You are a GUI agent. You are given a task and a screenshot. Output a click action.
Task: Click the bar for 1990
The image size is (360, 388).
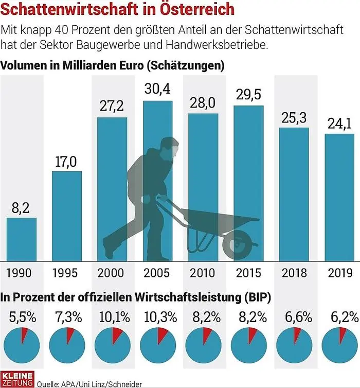[22, 239]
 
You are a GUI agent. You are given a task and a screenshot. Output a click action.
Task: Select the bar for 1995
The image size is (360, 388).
[67, 216]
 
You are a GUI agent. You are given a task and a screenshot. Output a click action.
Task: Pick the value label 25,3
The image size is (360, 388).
[294, 117]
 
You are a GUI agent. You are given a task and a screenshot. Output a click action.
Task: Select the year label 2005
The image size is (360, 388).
[157, 273]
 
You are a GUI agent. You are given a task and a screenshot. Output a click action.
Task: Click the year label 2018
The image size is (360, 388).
[294, 273]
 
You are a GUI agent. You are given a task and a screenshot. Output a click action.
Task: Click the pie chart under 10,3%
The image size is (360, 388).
[157, 343]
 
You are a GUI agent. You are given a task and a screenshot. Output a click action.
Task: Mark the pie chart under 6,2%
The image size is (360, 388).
[338, 343]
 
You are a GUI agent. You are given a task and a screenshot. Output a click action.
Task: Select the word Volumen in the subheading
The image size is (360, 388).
[24, 66]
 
